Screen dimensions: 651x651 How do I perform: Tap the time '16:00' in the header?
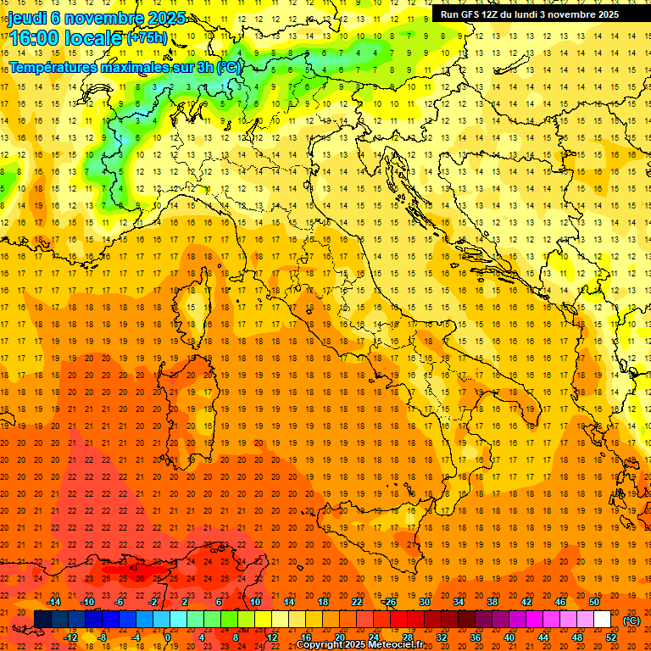[x=37, y=37]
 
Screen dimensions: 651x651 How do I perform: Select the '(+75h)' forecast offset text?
[x=147, y=38]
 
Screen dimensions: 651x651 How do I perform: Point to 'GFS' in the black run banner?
[x=471, y=14]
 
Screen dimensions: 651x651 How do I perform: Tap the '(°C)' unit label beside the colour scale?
[x=632, y=620]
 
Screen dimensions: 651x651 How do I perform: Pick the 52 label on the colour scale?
[x=611, y=637]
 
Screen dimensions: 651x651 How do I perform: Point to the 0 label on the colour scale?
[x=167, y=637]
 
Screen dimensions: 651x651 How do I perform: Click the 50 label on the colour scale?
[x=593, y=602]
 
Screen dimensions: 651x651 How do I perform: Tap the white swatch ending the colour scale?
[x=602, y=620]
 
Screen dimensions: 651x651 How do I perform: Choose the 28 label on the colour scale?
[x=407, y=637]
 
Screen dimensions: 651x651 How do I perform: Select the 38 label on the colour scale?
[x=492, y=602]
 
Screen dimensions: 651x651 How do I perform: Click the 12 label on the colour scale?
[x=272, y=637]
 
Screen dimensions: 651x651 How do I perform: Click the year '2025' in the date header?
[x=165, y=18]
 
